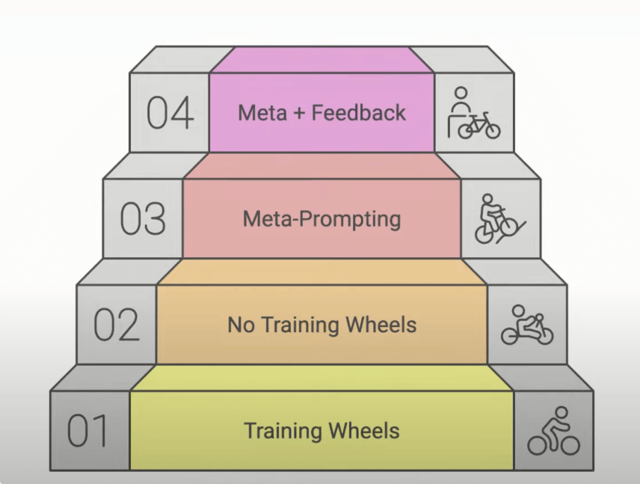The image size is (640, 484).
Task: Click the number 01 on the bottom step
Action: (x=89, y=432)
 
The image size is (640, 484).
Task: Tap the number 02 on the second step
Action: (x=116, y=325)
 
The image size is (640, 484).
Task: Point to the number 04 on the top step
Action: (x=170, y=113)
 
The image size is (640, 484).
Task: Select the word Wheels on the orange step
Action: (x=381, y=325)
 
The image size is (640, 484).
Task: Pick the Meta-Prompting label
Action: (x=321, y=219)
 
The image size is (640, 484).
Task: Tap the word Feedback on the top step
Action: (x=359, y=113)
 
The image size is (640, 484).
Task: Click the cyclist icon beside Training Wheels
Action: (x=553, y=432)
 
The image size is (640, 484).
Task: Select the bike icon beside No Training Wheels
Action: (x=527, y=325)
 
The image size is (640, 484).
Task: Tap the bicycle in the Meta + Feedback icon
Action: (x=479, y=125)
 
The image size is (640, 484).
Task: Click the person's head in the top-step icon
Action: (x=461, y=95)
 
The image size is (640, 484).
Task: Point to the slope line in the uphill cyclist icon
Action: (x=514, y=227)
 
